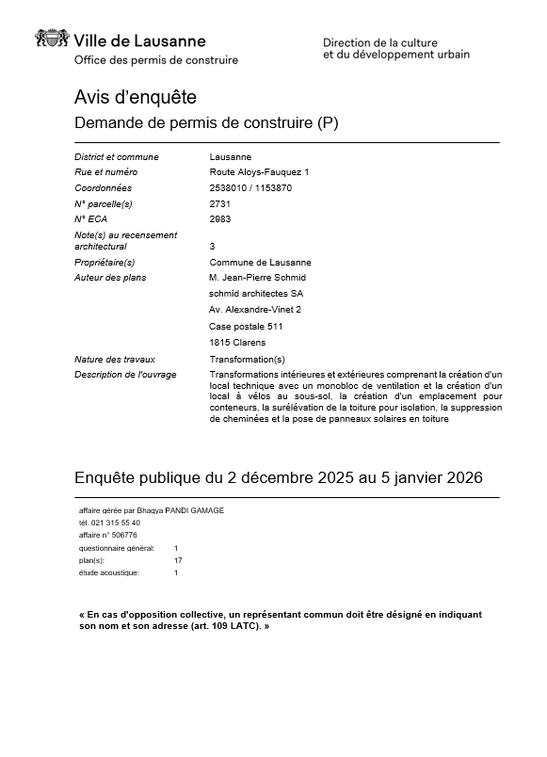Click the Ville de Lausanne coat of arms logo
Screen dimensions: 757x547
pos(52,40)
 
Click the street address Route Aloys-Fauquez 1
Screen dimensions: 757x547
pos(259,172)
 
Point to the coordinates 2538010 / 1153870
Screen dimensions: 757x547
pos(250,187)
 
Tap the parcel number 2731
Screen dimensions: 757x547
pos(219,203)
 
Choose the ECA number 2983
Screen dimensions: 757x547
pos(219,218)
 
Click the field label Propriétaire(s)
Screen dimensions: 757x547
pos(105,262)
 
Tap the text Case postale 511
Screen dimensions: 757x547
pos(246,326)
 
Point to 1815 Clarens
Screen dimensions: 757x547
pos(237,342)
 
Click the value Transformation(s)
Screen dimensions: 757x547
pos(247,360)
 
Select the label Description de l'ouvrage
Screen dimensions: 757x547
pos(124,375)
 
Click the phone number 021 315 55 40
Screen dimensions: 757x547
pos(115,523)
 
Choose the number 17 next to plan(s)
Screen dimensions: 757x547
pos(178,560)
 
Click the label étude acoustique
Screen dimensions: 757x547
pos(109,572)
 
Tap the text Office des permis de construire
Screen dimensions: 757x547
pos(156,60)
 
